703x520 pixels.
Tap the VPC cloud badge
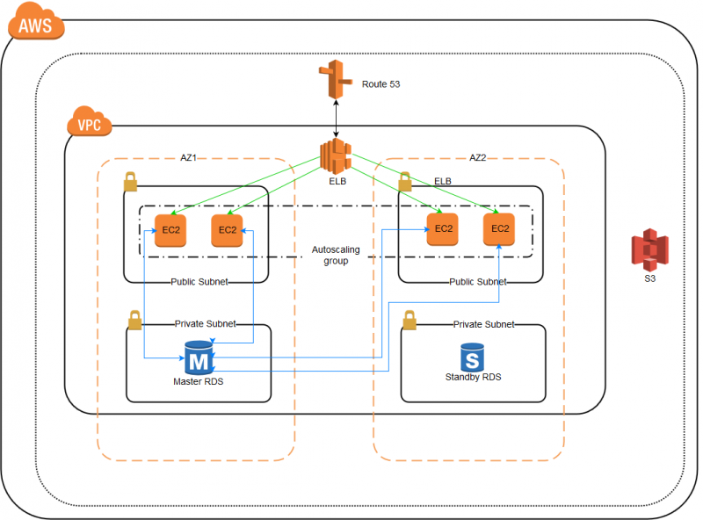pyautogui.click(x=89, y=124)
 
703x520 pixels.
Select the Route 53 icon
pyautogui.click(x=334, y=83)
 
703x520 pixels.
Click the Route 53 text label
pyautogui.click(x=381, y=85)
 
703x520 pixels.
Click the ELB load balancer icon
pyautogui.click(x=336, y=155)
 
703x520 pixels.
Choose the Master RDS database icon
pyautogui.click(x=199, y=358)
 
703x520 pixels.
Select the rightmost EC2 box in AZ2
pyautogui.click(x=499, y=228)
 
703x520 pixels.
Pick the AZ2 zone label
pyautogui.click(x=478, y=158)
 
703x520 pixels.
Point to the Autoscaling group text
pyautogui.click(x=336, y=256)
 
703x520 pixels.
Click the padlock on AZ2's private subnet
pyautogui.click(x=409, y=321)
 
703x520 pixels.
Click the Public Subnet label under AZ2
pyautogui.click(x=477, y=282)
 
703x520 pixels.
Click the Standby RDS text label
pyautogui.click(x=473, y=378)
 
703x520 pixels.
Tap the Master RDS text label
pyautogui.click(x=199, y=382)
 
